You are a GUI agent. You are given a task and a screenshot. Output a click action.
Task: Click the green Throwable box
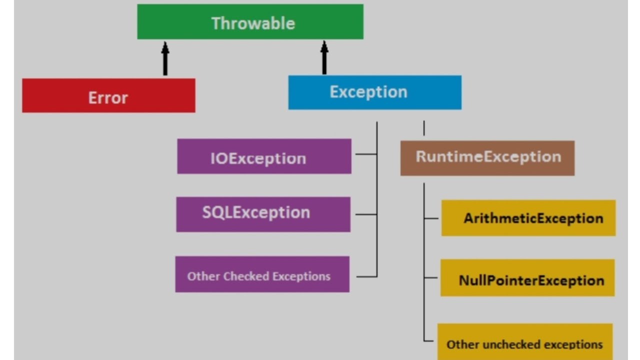point(250,22)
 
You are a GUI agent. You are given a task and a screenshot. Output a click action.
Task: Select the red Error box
point(108,95)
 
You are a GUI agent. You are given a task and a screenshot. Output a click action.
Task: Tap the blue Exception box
point(374,92)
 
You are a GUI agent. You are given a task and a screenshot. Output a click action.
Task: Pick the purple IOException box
point(264,156)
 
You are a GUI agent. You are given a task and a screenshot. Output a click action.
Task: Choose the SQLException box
point(263,214)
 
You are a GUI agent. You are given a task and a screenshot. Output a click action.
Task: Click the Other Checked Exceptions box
point(262,274)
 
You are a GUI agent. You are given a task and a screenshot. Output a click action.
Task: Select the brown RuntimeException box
point(487,158)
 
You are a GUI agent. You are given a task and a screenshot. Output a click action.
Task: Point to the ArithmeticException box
point(528,218)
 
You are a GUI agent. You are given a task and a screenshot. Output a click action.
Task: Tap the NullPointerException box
point(527,278)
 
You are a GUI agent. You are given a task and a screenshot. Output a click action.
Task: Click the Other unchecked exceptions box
point(524,342)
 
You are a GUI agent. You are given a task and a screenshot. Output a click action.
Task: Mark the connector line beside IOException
point(366,154)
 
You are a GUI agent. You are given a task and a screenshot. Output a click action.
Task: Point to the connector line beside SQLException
point(366,214)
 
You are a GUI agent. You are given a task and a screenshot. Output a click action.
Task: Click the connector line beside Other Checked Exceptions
point(367,276)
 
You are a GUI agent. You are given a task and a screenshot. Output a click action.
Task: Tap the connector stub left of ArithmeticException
point(431,218)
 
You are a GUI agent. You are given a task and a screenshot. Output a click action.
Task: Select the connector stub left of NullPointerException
point(431,278)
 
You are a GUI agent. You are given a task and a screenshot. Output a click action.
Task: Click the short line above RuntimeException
point(424,128)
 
